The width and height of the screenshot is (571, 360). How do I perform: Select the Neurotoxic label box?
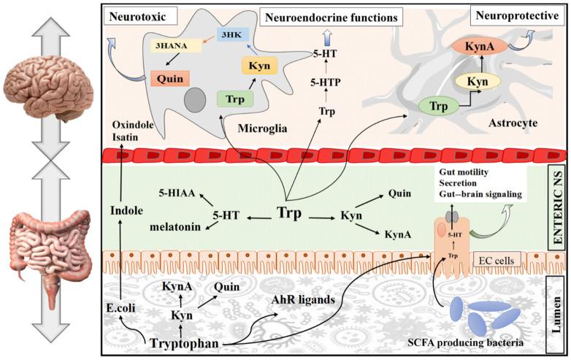(134, 14)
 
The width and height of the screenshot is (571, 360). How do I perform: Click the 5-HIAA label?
(175, 195)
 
